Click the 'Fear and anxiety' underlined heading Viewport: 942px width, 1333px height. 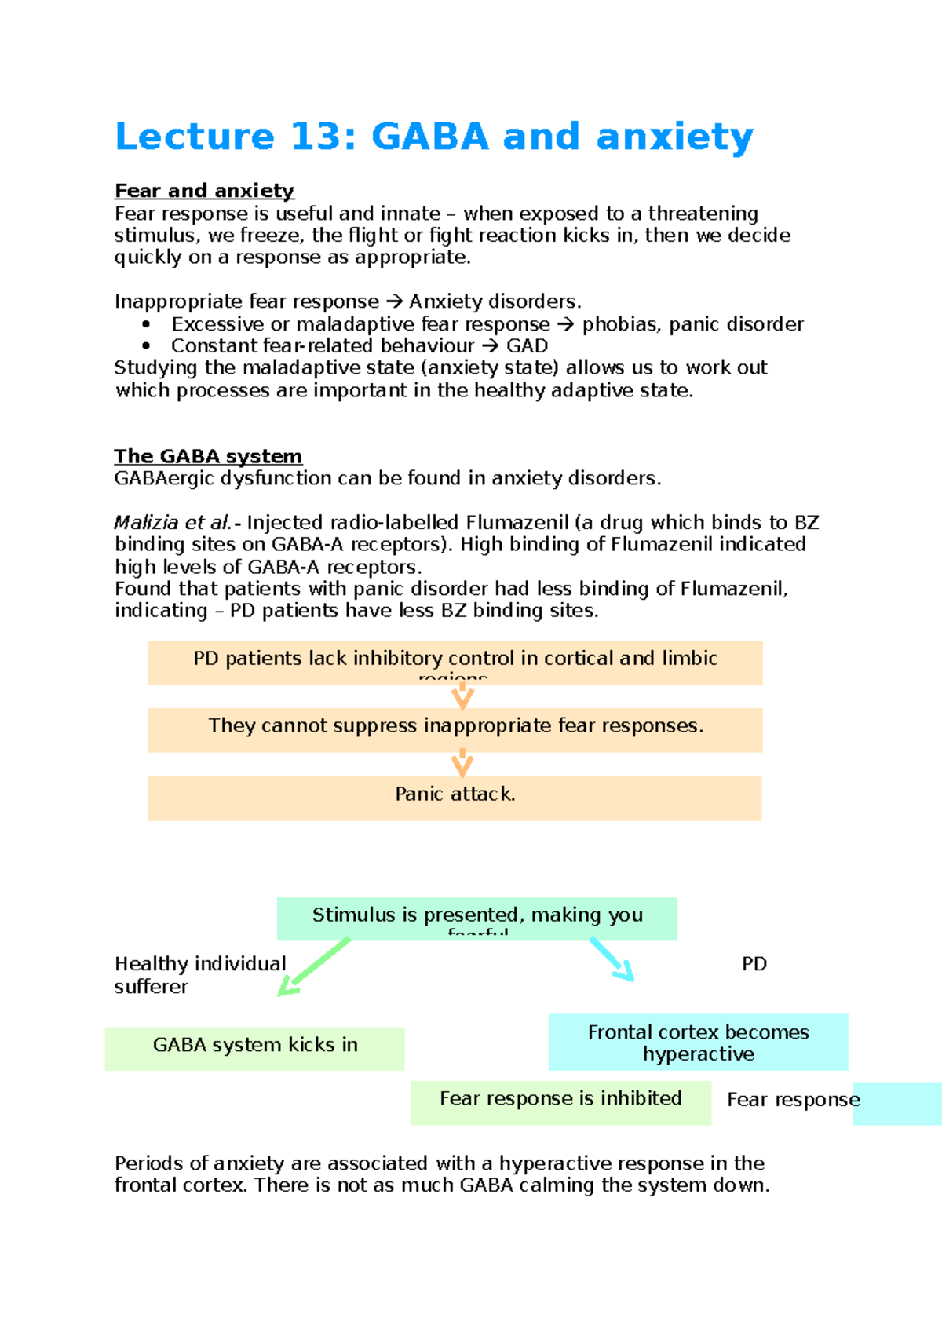click(x=204, y=191)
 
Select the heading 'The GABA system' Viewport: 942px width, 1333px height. click(x=208, y=456)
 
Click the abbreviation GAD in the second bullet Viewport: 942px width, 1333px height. click(x=527, y=346)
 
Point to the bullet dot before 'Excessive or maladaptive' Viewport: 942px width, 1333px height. click(x=146, y=324)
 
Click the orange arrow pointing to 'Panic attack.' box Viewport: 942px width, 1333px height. click(x=462, y=762)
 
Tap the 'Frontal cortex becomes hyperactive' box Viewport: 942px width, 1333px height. click(x=698, y=1042)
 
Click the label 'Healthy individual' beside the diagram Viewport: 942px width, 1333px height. click(x=200, y=964)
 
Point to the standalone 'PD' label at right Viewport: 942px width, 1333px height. click(x=754, y=964)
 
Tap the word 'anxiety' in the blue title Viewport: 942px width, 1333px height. click(x=674, y=137)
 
